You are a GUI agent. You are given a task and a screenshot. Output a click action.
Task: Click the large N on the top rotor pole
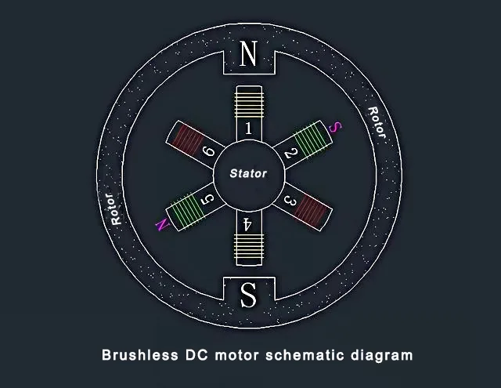(248, 53)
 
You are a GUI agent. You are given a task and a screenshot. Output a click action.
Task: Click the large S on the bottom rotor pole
(248, 294)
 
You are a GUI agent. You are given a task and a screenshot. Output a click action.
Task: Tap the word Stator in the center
(248, 173)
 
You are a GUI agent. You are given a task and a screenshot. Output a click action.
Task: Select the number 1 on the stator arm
(248, 129)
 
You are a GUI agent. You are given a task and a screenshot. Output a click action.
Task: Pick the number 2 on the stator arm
(291, 153)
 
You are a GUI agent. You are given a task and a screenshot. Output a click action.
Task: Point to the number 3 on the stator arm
(290, 201)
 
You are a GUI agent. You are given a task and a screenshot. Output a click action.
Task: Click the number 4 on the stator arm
(247, 224)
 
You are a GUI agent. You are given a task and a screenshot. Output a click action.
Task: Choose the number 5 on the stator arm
(207, 200)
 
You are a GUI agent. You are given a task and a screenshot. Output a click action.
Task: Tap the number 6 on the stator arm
(208, 150)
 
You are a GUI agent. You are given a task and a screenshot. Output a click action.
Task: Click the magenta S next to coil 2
(335, 127)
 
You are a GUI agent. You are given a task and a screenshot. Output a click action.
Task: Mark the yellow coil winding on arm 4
(249, 247)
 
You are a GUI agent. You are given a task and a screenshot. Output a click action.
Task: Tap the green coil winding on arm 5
(186, 209)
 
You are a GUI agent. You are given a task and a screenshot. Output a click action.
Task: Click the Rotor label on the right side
(377, 122)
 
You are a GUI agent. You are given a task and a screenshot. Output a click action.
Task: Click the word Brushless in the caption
(140, 355)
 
